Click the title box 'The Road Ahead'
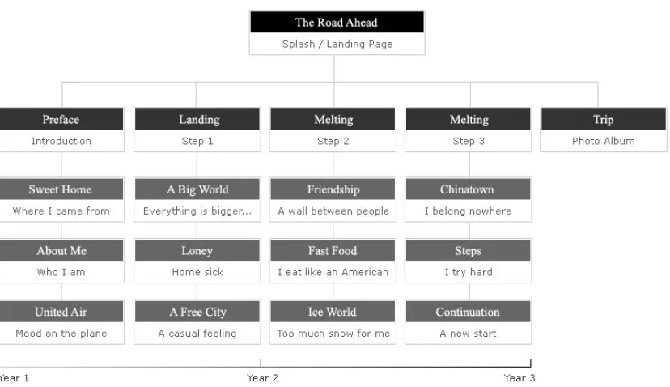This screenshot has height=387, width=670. [x=337, y=22]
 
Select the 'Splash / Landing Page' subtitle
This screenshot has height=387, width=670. [x=337, y=44]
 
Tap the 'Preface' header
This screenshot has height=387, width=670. [x=61, y=119]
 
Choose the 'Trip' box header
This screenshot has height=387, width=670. [x=604, y=119]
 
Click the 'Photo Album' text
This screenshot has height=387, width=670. [x=604, y=141]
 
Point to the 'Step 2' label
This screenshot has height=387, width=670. [x=333, y=141]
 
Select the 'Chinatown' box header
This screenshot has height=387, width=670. [x=468, y=189]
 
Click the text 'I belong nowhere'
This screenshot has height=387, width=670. [x=468, y=211]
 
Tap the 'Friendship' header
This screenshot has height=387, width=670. [x=333, y=189]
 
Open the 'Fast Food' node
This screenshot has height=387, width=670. [x=333, y=250]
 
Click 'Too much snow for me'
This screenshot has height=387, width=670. [x=333, y=333]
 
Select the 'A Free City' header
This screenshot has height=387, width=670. [x=197, y=312]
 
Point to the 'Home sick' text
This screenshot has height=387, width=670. [x=197, y=272]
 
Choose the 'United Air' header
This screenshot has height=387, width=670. [x=61, y=312]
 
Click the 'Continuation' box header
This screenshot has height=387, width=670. [x=468, y=312]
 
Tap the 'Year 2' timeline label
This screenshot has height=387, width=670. [x=262, y=378]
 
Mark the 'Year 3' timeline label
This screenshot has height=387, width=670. [x=519, y=378]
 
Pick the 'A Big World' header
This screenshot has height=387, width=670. [x=197, y=189]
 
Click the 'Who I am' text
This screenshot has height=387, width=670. [x=61, y=272]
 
